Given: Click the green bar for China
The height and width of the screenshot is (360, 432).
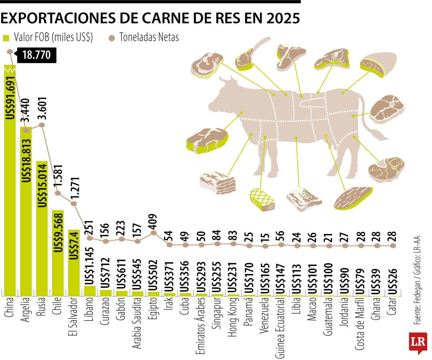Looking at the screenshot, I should tap(10, 180).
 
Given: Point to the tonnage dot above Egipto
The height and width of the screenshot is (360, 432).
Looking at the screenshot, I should tap(154, 232).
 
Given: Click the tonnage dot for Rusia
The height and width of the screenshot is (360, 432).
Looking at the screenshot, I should tap(42, 125).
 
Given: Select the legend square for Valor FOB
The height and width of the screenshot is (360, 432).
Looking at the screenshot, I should tap(6, 38).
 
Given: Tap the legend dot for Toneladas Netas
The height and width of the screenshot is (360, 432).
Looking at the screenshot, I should tap(112, 38).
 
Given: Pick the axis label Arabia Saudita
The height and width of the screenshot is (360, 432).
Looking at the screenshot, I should tap(137, 322).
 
